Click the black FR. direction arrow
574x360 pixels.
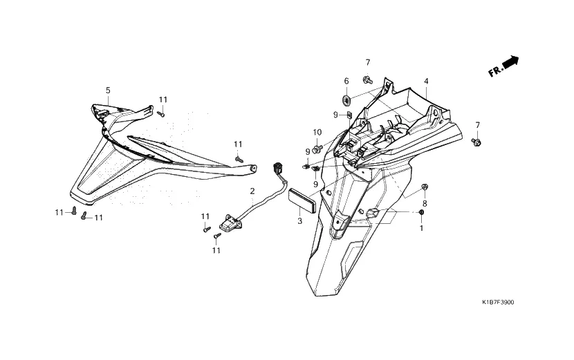[x=510, y=63]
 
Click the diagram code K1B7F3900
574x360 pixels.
[x=498, y=303]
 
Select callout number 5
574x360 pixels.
[x=108, y=91]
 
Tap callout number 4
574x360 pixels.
[x=427, y=81]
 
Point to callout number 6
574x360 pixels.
[x=346, y=81]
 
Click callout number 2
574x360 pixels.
[x=252, y=191]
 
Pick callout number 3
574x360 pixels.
[x=299, y=221]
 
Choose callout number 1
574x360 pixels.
[x=422, y=227]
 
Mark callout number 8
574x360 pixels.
[x=425, y=204]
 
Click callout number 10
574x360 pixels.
[x=317, y=132]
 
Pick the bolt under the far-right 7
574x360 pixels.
[x=476, y=142]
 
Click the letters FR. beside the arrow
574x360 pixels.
[x=494, y=72]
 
